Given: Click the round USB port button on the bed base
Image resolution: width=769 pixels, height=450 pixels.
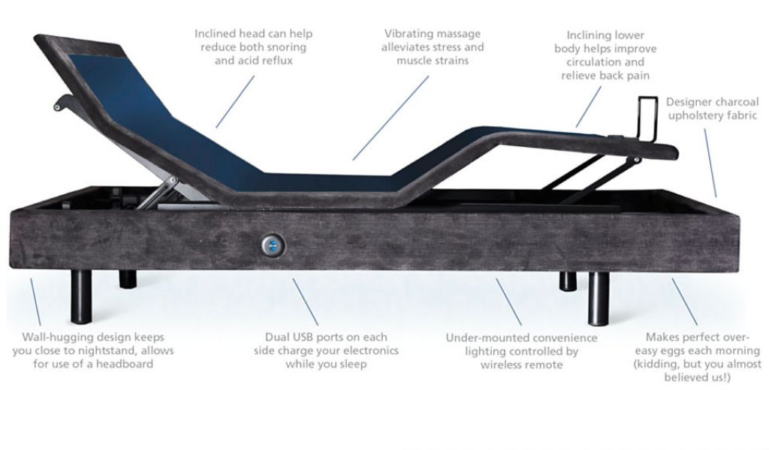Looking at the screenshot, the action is coord(273,244).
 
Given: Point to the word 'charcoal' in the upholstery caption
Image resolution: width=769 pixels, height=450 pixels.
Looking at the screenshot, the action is coord(737,102).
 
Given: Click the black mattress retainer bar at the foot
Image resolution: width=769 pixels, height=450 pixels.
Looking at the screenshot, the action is coord(648,118).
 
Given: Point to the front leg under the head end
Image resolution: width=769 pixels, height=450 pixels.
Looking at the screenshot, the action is coord(81,297).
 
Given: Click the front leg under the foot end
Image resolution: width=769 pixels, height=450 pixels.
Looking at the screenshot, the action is coord(599,298).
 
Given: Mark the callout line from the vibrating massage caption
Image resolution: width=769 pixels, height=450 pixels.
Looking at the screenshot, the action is coord(391,118).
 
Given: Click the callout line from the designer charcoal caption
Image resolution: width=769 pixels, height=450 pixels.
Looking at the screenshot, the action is coord(710,163).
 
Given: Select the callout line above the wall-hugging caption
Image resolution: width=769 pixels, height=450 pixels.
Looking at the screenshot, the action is coord(36,302).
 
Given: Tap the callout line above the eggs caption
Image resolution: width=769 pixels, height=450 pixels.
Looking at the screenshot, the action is coord(685,301).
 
